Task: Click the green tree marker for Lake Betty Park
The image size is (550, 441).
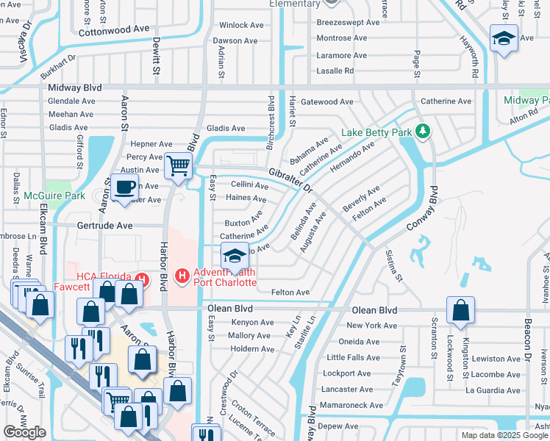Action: coord(422,132)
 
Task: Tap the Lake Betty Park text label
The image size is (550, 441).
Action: coord(377,134)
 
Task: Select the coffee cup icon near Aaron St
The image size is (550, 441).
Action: coord(125,186)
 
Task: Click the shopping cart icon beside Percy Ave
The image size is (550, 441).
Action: coord(178,166)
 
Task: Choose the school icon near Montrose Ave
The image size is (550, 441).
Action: coord(504,38)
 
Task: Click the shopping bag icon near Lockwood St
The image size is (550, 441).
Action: coord(460,311)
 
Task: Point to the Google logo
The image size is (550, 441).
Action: coord(25,432)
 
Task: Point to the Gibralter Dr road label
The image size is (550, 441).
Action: coord(290,180)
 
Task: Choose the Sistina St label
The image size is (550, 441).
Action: coord(394,265)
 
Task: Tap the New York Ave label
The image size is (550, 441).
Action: coord(371,326)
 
